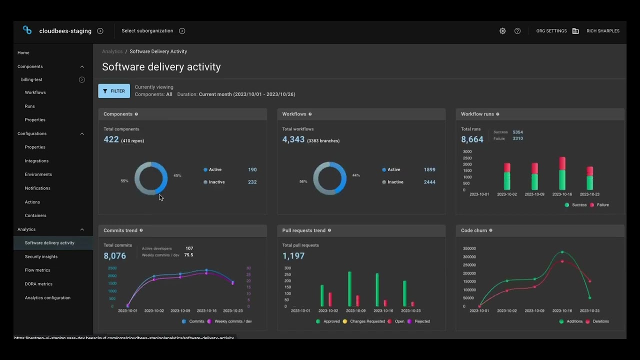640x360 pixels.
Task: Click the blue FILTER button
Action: click(114, 91)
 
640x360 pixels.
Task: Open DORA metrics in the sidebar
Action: click(38, 284)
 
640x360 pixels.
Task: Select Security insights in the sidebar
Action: click(41, 256)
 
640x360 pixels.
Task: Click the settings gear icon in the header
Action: click(502, 31)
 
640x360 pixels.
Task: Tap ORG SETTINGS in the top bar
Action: click(551, 31)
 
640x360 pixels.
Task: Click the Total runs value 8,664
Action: click(472, 139)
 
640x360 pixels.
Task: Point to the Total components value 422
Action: click(111, 139)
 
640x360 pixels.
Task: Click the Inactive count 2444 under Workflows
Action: click(429, 182)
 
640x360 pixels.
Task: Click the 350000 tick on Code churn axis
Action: click(469, 248)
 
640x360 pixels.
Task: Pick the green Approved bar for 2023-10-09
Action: click(349, 288)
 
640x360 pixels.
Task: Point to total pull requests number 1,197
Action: click(293, 255)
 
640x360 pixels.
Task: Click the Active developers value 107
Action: click(189, 248)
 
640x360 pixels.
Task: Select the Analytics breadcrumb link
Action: click(112, 51)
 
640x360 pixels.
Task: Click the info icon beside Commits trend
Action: click(141, 230)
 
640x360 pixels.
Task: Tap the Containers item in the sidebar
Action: click(35, 215)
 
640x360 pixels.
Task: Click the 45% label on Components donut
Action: click(177, 175)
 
